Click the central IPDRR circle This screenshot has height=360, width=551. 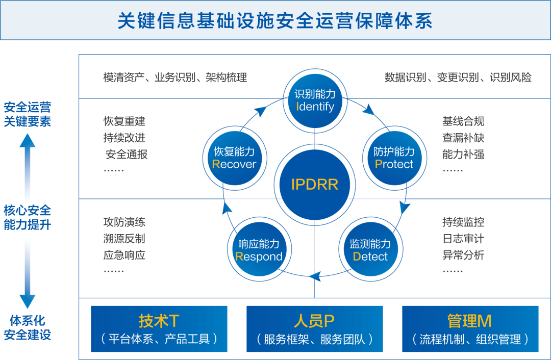(314, 185)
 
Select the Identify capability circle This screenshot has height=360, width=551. (315, 100)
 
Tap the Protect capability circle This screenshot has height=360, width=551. (393, 158)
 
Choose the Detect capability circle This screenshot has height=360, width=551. (370, 250)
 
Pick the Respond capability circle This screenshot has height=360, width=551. (259, 250)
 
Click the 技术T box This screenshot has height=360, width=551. (159, 329)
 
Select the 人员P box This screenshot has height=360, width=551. (315, 329)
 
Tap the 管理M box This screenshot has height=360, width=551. (470, 329)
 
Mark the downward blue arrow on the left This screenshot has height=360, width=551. (27, 275)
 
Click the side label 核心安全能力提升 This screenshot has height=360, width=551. (27, 217)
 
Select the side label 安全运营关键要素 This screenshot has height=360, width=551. (28, 114)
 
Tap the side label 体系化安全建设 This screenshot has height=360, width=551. (28, 327)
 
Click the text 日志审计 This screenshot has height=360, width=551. (463, 239)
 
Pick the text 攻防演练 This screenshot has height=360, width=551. (124, 222)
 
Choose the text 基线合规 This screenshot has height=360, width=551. (463, 121)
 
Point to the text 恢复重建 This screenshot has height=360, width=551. (124, 121)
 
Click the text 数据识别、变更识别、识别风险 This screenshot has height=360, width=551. (458, 78)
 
